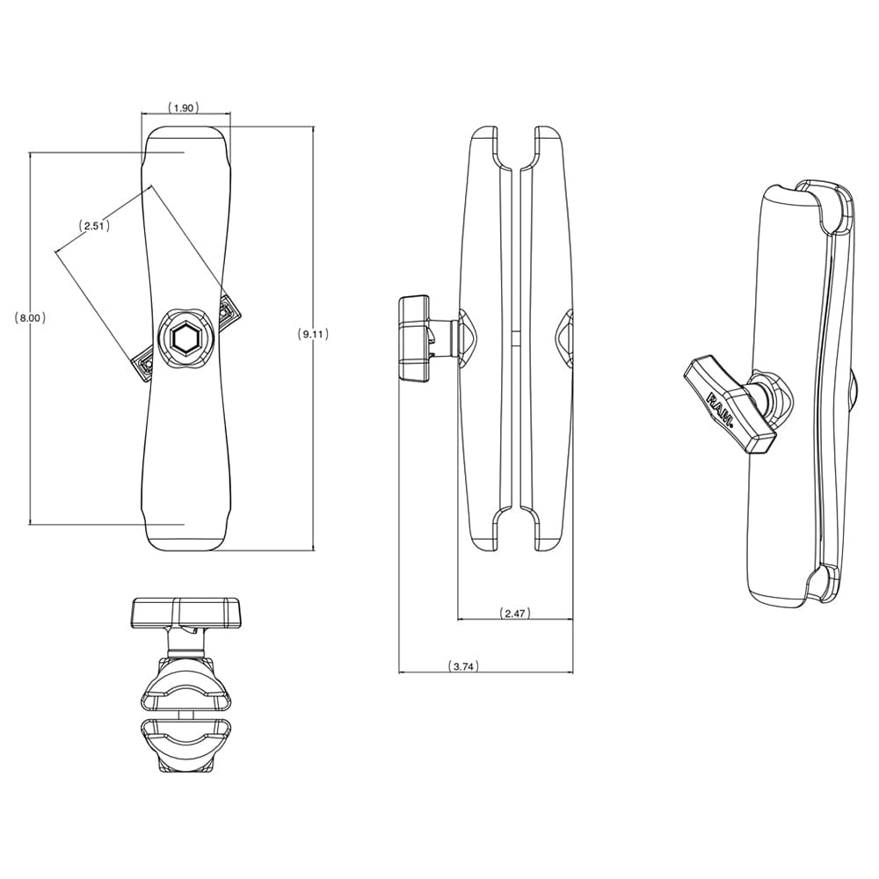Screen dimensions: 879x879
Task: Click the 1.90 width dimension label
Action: tap(184, 107)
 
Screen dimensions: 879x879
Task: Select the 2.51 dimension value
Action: tap(94, 226)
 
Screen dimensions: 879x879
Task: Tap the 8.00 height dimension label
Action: tap(31, 318)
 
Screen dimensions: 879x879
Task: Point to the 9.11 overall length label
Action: tap(314, 334)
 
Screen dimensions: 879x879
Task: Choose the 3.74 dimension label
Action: tap(461, 666)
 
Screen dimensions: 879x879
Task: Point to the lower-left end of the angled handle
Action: tap(143, 366)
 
